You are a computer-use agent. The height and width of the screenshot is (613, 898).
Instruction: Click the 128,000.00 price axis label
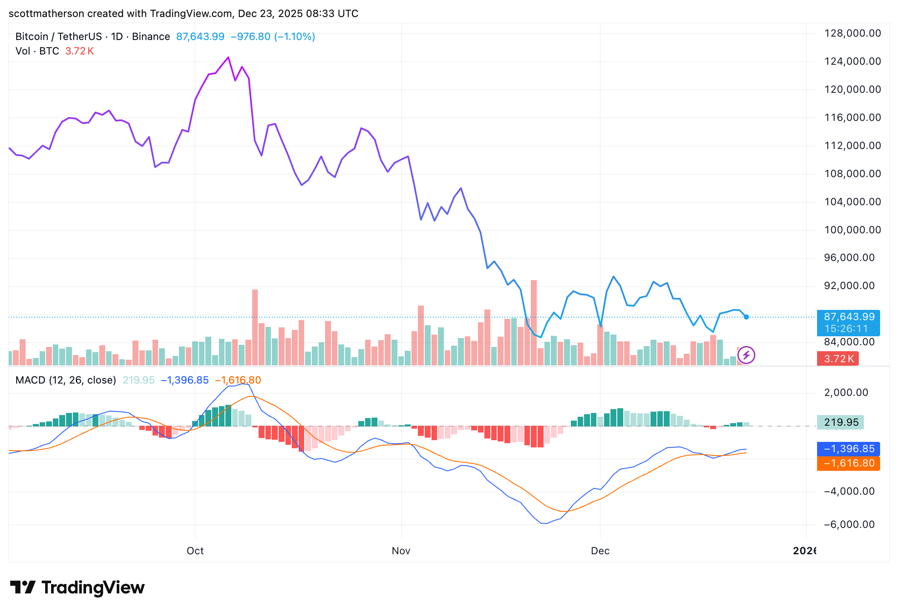click(x=852, y=33)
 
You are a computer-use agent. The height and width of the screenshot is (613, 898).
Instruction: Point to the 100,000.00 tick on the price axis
click(x=852, y=230)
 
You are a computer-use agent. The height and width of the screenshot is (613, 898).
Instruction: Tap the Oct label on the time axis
click(x=195, y=551)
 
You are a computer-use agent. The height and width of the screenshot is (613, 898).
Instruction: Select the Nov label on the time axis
click(x=401, y=551)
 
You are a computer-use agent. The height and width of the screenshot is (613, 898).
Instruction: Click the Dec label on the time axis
click(x=600, y=551)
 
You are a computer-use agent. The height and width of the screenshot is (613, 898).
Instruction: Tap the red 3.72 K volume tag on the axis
click(x=838, y=358)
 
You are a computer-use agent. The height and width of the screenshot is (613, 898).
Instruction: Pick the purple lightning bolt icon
click(x=746, y=355)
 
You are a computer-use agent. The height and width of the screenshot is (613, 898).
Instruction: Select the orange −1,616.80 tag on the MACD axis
click(x=848, y=463)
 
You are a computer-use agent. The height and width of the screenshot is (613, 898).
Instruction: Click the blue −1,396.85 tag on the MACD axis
click(x=848, y=449)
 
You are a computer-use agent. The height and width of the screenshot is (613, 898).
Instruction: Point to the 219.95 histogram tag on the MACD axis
click(x=840, y=422)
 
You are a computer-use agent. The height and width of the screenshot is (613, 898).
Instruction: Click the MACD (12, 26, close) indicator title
click(x=66, y=380)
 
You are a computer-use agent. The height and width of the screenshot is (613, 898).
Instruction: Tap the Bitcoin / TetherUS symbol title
click(x=58, y=37)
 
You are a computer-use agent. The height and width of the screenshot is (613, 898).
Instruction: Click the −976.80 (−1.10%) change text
click(x=273, y=37)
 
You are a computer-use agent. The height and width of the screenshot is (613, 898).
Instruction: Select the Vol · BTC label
click(x=37, y=51)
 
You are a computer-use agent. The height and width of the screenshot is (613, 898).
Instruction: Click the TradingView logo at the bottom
click(x=78, y=587)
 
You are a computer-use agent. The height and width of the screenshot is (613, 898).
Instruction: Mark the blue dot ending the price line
click(x=746, y=317)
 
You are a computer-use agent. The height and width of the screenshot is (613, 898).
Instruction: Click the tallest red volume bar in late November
click(x=534, y=322)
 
